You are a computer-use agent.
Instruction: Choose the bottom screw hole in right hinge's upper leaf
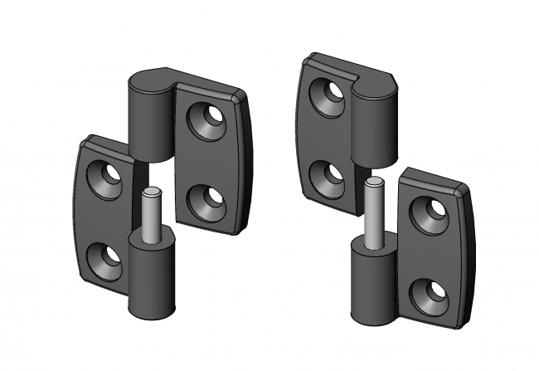pyautogui.click(x=327, y=176)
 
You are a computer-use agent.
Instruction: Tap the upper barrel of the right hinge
pyautogui.click(x=376, y=124)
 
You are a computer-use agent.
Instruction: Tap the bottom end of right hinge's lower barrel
pyautogui.click(x=370, y=315)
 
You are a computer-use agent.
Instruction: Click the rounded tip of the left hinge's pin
pyautogui.click(x=151, y=193)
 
